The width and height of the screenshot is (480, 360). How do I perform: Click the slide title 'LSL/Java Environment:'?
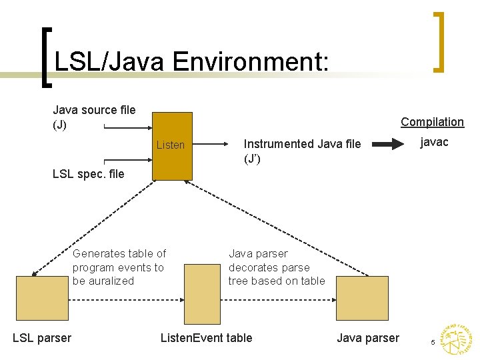point(191,62)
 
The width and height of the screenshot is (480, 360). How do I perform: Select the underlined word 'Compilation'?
point(432,121)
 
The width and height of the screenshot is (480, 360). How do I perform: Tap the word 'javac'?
point(433,142)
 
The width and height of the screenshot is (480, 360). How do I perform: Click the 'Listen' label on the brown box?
point(170,145)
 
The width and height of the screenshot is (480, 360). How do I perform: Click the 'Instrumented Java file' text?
point(302,144)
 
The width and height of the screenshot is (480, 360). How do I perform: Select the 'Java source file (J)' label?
point(94,117)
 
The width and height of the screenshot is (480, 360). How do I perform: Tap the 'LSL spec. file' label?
point(88,174)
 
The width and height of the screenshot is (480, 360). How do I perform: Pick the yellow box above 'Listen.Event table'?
point(202,294)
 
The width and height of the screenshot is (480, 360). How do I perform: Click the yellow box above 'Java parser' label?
point(361,297)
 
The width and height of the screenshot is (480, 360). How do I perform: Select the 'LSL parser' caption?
point(42,338)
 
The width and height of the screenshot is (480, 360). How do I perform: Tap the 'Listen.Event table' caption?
point(206,338)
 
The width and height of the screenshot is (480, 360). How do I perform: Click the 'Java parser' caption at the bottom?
point(368,338)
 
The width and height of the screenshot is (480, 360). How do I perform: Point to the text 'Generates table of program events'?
point(119,267)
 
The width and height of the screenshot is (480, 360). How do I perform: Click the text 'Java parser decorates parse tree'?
point(276,267)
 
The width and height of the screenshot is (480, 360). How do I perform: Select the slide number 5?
point(433,342)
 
